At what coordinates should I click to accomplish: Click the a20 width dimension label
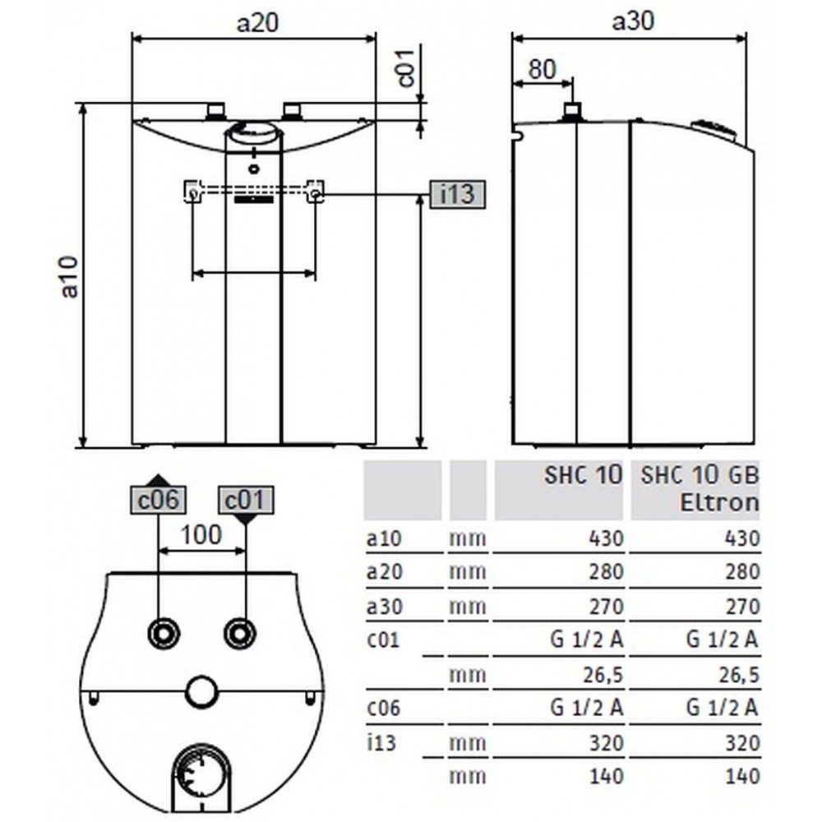256,22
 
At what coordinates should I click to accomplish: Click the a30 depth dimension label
633,21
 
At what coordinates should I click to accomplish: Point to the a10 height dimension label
69,276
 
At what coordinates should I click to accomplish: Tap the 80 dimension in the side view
542,69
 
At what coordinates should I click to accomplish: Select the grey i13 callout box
458,194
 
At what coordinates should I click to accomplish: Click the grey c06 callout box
158,500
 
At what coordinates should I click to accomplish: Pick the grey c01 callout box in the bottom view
246,500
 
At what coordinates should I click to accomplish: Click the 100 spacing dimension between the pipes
201,534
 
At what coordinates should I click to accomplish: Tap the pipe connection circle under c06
164,633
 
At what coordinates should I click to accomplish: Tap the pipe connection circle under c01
240,633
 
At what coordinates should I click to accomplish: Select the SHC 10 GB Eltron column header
700,488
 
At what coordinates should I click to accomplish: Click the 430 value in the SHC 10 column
606,538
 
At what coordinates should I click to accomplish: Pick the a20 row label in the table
384,571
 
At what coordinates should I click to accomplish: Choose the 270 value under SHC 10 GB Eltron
742,607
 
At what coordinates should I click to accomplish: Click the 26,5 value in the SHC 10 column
603,675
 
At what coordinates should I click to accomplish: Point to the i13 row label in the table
381,742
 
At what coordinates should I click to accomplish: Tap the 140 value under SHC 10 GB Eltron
742,776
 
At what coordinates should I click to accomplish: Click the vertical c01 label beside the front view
406,67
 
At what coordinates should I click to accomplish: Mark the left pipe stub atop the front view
215,111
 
